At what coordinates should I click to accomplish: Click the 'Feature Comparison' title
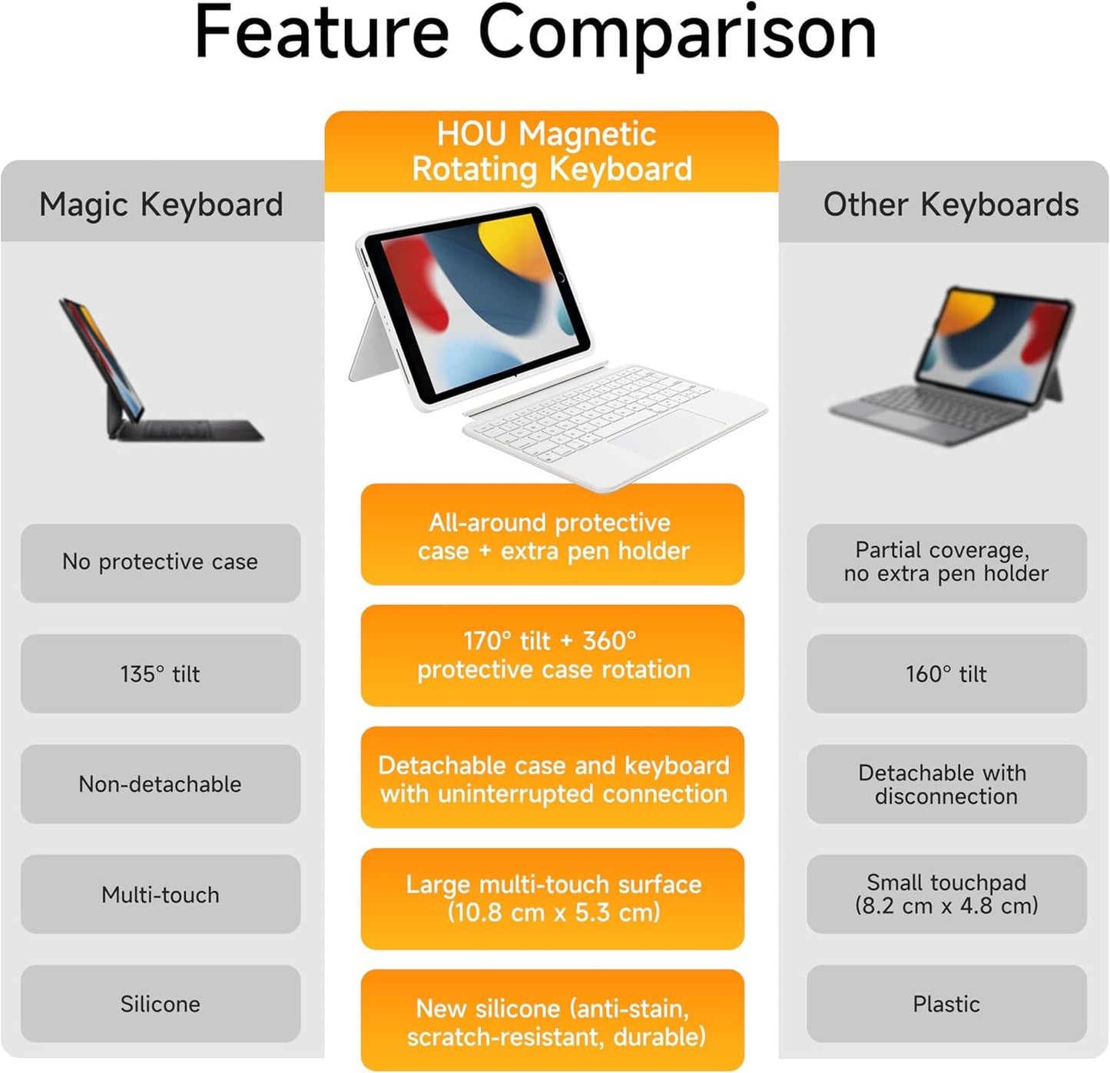click(535, 34)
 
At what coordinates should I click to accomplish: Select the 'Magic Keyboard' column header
click(161, 204)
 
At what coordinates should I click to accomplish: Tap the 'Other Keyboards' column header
click(950, 204)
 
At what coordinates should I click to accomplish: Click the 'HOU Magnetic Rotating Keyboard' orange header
click(552, 151)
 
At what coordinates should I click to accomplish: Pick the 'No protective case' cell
click(161, 562)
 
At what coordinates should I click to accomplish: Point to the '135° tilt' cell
click(161, 674)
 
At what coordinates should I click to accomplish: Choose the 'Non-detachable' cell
click(161, 784)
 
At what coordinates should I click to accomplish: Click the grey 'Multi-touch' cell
click(161, 894)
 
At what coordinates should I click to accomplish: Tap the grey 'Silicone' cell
click(161, 1004)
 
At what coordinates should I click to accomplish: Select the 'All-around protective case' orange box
click(553, 535)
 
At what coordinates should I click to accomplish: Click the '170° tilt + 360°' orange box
click(553, 655)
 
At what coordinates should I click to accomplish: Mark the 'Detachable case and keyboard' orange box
click(553, 778)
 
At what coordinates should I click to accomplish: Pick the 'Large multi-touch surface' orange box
click(553, 899)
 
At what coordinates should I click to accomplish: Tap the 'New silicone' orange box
click(553, 1021)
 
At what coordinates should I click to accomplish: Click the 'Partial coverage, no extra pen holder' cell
click(946, 562)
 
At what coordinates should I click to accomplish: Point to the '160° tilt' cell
click(946, 674)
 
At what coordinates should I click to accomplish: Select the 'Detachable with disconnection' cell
click(946, 784)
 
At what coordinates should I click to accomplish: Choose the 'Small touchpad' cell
click(946, 894)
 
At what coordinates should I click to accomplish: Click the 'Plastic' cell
click(946, 1004)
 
